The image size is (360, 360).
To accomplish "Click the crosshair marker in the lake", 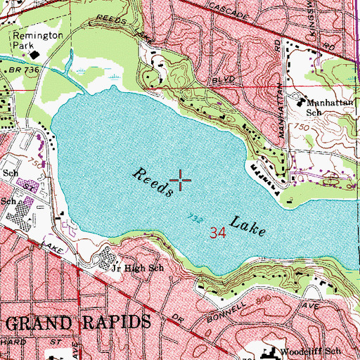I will [180, 181].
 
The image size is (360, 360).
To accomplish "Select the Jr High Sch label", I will [139, 268].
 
